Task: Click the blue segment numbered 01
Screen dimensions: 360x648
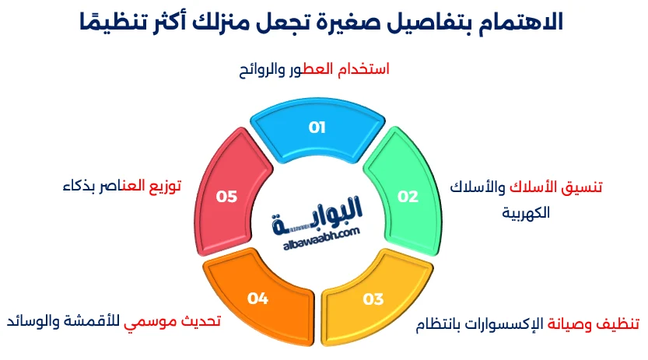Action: click(317, 129)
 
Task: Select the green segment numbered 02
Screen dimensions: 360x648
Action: click(407, 196)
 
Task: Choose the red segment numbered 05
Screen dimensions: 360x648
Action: click(226, 196)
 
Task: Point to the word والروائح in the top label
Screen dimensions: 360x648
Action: click(264, 69)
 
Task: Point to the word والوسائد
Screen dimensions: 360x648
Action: click(32, 320)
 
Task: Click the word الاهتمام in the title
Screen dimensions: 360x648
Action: click(517, 21)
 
